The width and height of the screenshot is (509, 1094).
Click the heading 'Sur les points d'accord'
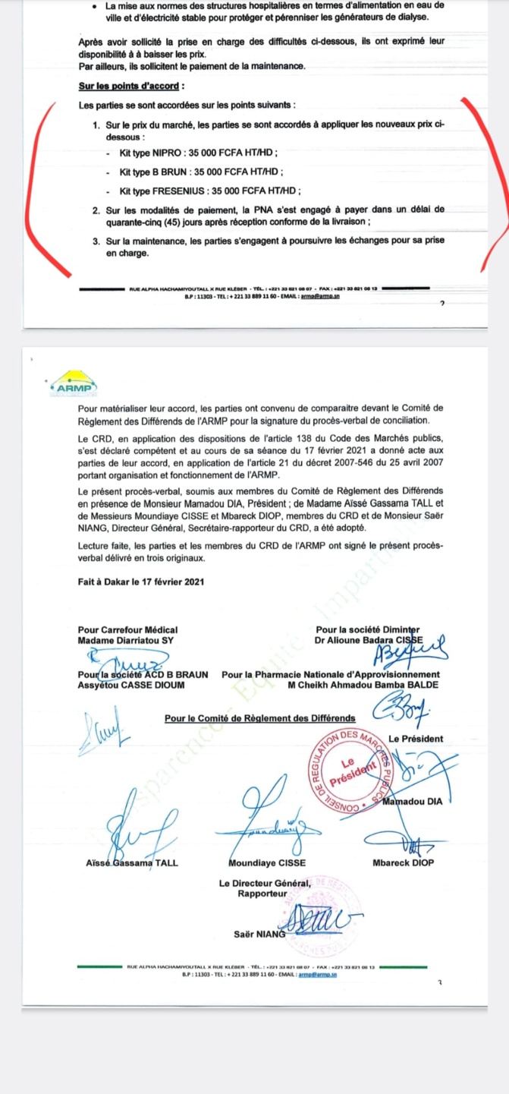(132, 87)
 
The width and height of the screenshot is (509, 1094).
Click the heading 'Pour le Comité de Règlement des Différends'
(259, 717)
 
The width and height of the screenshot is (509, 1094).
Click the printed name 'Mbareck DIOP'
(404, 863)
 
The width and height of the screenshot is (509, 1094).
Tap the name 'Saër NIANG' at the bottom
(259, 934)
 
